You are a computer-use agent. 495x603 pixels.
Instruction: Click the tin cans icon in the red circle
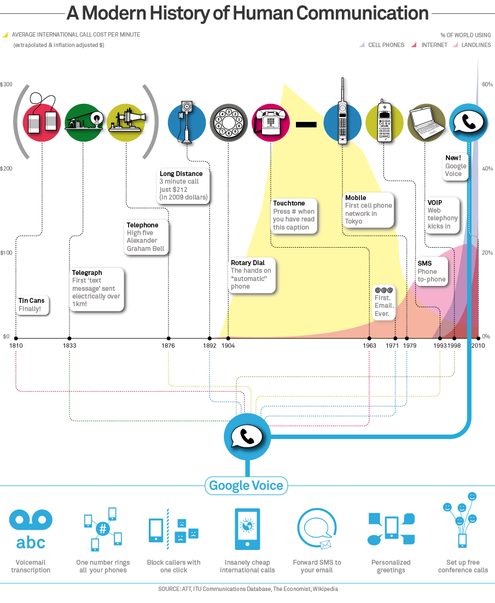tap(43, 121)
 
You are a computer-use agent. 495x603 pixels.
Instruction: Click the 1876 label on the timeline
tap(168, 346)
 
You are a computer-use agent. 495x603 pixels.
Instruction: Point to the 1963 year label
tap(369, 346)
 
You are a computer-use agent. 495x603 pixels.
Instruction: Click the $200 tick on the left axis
tap(6, 168)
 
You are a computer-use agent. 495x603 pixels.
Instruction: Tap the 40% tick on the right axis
tap(487, 168)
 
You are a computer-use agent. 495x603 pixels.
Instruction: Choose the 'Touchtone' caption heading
tap(289, 203)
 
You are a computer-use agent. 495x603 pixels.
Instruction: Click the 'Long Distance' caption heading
tap(181, 174)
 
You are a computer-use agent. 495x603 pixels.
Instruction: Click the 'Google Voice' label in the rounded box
tap(246, 485)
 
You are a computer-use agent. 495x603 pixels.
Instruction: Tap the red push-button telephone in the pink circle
tap(270, 122)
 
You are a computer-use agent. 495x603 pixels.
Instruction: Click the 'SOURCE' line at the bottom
tap(248, 589)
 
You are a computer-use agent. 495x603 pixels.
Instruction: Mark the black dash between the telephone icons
tap(306, 125)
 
